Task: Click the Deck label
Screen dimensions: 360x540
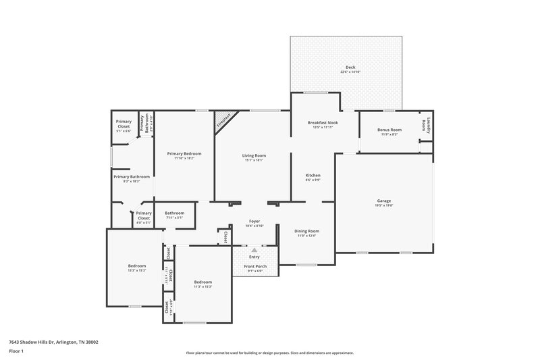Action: point(350,68)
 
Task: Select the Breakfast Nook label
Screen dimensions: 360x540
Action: point(323,122)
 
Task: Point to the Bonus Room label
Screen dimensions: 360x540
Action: point(389,130)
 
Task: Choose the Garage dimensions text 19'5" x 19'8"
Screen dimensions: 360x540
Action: point(384,205)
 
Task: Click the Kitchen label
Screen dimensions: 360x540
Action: point(313,175)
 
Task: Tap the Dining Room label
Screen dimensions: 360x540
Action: point(306,231)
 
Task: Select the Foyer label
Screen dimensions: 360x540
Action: point(254,221)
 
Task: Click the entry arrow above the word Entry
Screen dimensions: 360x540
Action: point(254,250)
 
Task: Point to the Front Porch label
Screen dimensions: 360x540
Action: point(255,266)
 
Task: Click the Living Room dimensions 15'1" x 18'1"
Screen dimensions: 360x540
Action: point(254,160)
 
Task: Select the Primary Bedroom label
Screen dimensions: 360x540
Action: point(184,153)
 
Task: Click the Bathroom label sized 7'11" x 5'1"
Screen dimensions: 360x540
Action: point(174,213)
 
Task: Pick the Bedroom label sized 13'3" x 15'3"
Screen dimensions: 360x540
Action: point(137,266)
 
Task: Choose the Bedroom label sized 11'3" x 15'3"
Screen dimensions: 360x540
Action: point(203,282)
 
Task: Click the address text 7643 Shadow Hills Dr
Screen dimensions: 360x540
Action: point(53,342)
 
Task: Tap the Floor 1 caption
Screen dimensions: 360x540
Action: point(16,352)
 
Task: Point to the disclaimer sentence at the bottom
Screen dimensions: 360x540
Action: point(269,353)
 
